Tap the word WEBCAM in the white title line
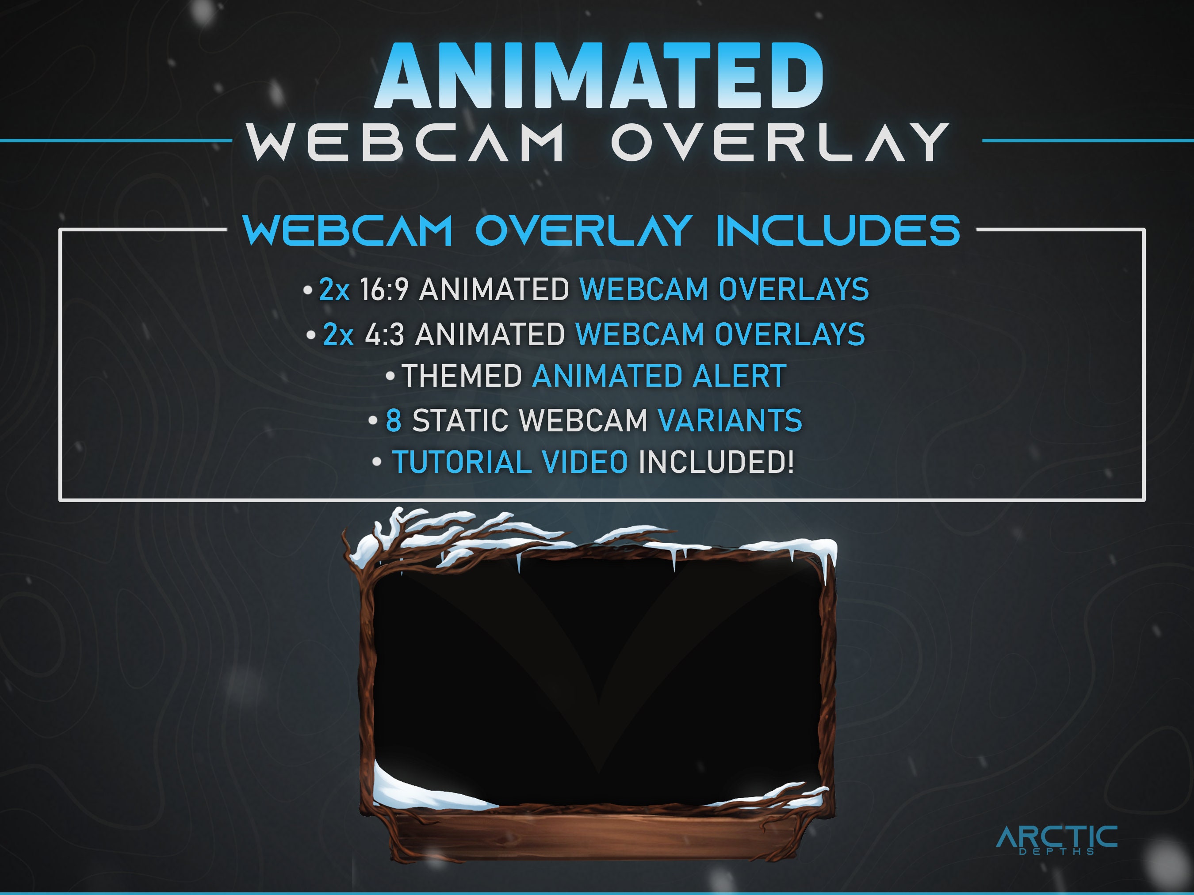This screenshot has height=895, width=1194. pos(406,142)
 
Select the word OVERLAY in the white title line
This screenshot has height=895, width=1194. pos(779,142)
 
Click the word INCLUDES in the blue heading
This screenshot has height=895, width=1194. pos(838,231)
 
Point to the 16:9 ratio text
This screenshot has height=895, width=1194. pos(384,289)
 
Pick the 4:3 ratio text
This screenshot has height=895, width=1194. pos(384,335)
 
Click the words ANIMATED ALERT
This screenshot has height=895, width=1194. pos(658,376)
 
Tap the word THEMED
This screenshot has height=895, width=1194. pos(462,376)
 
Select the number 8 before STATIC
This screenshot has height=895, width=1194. pos(394,420)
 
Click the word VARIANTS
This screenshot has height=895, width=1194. pos(730,420)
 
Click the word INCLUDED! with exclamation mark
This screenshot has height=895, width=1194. pos(716,462)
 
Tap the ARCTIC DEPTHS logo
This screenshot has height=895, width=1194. pos(1056,839)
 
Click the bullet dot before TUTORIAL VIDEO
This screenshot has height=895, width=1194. pos(377,462)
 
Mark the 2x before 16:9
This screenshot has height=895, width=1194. pos(334,289)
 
